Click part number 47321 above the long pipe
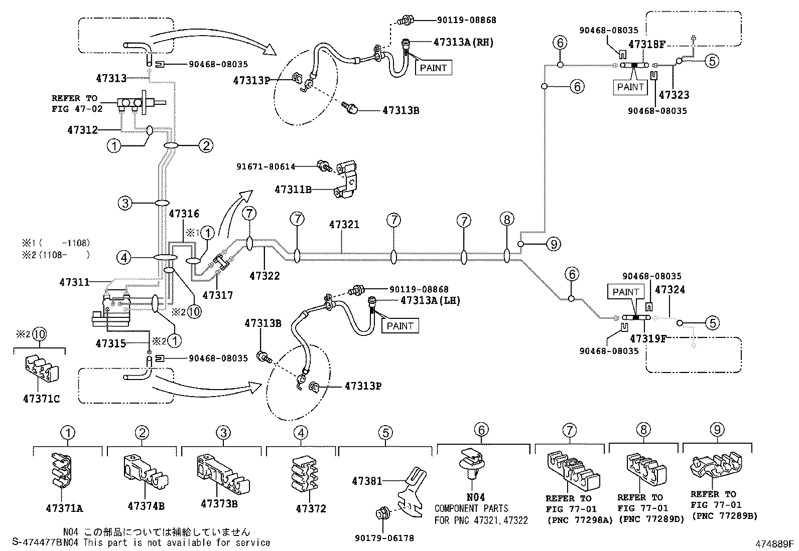(344, 225)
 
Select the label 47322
(264, 276)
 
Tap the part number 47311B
(293, 189)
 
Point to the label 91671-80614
(265, 166)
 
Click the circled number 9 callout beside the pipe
(554, 244)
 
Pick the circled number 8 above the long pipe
(507, 219)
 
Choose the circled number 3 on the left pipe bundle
(125, 203)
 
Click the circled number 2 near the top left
(206, 145)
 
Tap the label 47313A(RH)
(463, 42)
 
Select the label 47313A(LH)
(430, 300)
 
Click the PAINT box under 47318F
(630, 87)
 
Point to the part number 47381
(367, 481)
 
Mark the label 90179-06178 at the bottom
(384, 538)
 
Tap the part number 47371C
(41, 399)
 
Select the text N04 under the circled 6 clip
(476, 497)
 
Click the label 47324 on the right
(670, 289)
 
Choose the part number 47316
(184, 214)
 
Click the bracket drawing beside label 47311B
(345, 179)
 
